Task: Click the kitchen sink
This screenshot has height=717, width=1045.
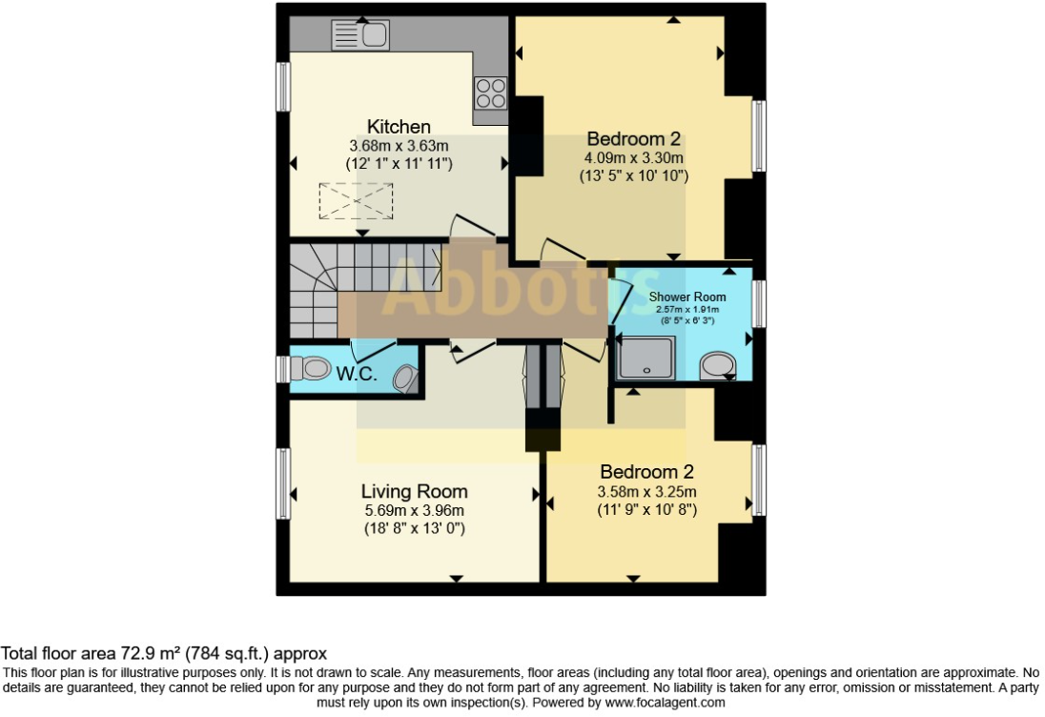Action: coord(359,36)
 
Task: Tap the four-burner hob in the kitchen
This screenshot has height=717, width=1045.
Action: coord(491,93)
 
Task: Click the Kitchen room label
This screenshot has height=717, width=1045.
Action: coord(399,127)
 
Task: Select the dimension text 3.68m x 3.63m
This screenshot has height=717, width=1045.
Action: coord(399,146)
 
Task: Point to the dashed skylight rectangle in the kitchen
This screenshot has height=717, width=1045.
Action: coord(356,201)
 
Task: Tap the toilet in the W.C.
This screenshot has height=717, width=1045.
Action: coord(309,367)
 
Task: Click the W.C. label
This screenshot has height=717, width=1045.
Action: coord(357,374)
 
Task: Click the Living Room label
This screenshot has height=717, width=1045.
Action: coord(414,492)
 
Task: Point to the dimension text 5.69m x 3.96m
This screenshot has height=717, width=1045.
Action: coord(414,511)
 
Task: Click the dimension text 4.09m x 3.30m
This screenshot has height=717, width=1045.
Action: coord(634,157)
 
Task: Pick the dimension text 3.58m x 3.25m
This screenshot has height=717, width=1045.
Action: coord(646,492)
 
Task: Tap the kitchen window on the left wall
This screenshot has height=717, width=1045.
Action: coord(283,87)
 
